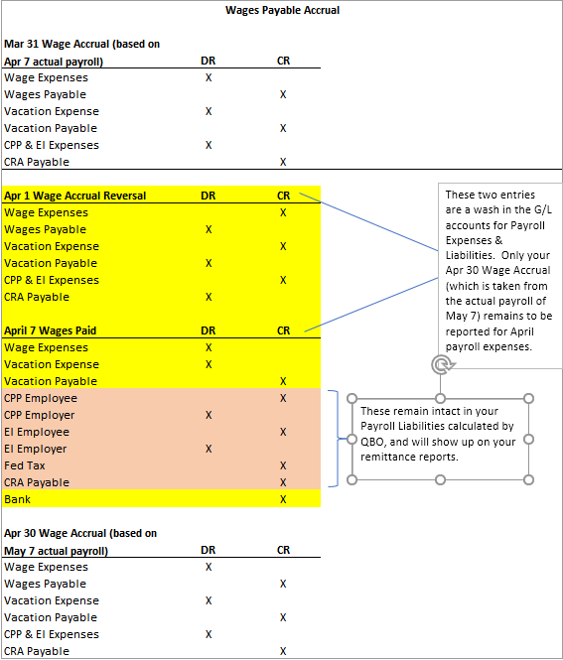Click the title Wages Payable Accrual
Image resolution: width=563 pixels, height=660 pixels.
point(282,10)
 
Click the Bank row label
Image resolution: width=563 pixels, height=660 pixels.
point(17,499)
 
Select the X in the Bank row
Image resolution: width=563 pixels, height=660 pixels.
point(283,499)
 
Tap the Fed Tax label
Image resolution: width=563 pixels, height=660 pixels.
point(25,465)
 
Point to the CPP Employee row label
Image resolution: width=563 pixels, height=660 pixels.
point(41,398)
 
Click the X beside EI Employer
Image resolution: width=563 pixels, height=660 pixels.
point(209,449)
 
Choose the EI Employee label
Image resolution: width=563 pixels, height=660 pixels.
point(37,432)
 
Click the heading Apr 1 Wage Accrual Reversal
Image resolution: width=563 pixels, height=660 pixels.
point(74,196)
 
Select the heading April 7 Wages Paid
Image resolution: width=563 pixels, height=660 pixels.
point(50,330)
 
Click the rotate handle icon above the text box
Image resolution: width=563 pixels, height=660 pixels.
point(441,364)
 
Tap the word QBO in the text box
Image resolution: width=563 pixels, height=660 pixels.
point(372,442)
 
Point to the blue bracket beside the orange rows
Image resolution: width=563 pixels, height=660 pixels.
point(338,439)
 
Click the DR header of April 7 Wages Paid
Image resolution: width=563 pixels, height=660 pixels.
point(208,330)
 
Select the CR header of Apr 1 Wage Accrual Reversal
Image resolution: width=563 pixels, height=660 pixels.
point(283,196)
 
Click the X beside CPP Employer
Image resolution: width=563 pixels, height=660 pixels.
point(209,415)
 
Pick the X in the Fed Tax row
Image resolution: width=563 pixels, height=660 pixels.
point(283,465)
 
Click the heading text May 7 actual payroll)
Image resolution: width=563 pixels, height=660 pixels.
point(56,551)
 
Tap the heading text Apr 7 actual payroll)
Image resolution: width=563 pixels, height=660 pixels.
point(54,62)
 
